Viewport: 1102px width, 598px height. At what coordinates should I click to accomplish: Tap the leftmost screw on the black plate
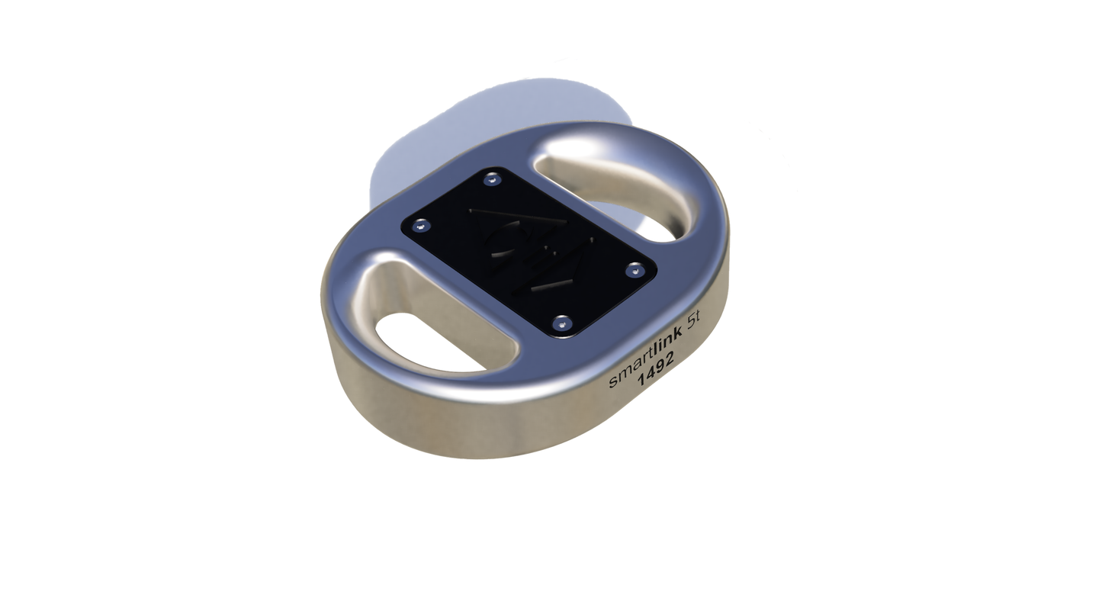(x=418, y=227)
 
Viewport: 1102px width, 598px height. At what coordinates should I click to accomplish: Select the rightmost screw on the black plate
(x=632, y=269)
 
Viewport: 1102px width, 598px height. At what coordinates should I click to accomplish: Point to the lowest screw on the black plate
(x=563, y=324)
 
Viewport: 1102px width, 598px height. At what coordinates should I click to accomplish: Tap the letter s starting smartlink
(x=612, y=383)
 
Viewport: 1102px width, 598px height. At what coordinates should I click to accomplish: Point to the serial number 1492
(x=657, y=373)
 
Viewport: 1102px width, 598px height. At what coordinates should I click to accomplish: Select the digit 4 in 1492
(x=651, y=378)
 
